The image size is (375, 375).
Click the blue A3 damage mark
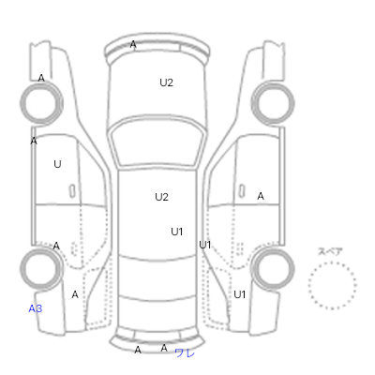click(36, 308)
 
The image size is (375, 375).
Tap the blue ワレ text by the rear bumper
click(185, 353)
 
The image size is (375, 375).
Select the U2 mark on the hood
click(166, 82)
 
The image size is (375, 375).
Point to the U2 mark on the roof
click(161, 197)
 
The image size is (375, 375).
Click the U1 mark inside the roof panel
click(177, 232)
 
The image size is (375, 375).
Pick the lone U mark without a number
click(57, 164)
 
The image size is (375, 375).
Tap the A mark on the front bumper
click(133, 45)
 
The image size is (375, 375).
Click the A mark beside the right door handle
click(261, 196)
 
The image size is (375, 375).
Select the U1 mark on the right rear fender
click(240, 294)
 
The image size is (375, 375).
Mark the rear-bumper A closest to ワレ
click(164, 348)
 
